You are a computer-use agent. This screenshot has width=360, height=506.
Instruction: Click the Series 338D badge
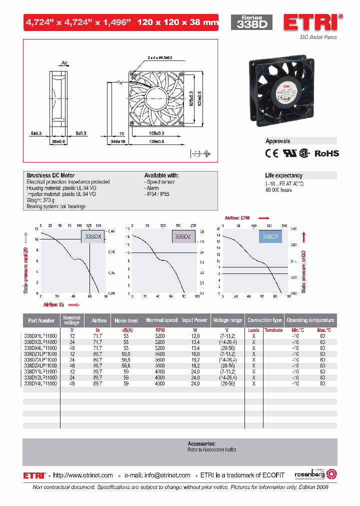coord(251,22)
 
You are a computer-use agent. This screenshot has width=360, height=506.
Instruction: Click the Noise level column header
coord(126,320)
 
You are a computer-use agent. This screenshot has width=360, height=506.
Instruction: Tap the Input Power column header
coord(195,320)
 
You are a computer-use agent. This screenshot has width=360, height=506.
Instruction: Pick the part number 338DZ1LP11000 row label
coord(40,353)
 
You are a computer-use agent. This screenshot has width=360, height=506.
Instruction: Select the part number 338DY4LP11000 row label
coord(40,383)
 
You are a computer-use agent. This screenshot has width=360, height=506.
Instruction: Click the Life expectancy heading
coord(283,175)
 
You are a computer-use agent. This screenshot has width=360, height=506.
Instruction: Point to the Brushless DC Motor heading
coord(50,175)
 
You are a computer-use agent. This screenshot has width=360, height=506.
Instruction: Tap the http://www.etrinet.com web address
coord(83,475)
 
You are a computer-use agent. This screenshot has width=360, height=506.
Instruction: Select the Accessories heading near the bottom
coord(201,443)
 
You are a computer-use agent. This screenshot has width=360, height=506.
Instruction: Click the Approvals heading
coord(277,141)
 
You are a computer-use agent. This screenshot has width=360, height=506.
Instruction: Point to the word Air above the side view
coord(64,63)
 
